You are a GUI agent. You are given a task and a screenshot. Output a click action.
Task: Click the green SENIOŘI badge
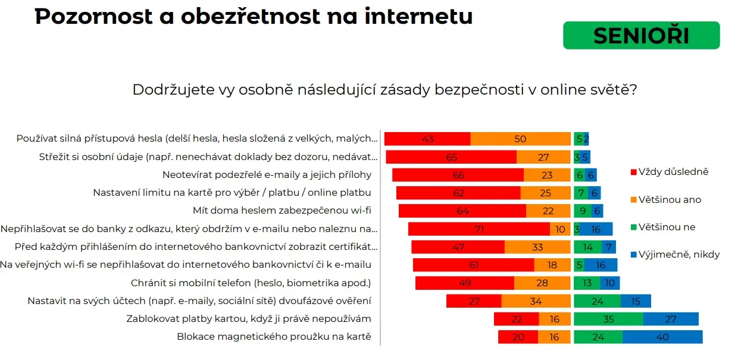coord(641,35)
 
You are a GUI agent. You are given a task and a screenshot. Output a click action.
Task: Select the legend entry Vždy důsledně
coord(673,172)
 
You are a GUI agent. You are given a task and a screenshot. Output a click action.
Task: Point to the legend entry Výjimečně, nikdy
coord(679,254)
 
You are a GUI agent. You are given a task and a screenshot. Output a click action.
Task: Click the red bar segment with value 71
coord(479,229)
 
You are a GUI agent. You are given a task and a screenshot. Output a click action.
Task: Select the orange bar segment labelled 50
coord(520,139)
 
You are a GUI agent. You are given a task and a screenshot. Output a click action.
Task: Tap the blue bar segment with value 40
coord(662,337)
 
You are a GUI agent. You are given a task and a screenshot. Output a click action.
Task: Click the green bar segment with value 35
coord(608,319)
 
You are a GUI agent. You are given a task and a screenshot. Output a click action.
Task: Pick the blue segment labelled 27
coord(671,319)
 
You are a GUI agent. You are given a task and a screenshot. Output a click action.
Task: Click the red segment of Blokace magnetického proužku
coord(518,337)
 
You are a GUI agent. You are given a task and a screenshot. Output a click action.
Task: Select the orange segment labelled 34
coord(536,301)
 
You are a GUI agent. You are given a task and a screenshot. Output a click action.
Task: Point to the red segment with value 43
coord(427,139)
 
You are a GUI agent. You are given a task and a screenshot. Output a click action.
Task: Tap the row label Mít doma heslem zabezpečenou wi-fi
coord(282,211)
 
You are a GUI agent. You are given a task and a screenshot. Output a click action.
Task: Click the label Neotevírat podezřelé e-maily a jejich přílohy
coord(267,175)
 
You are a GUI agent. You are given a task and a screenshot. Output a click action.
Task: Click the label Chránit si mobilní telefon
coord(251,283)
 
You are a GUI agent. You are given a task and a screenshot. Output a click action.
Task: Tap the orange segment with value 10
coord(560,229)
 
